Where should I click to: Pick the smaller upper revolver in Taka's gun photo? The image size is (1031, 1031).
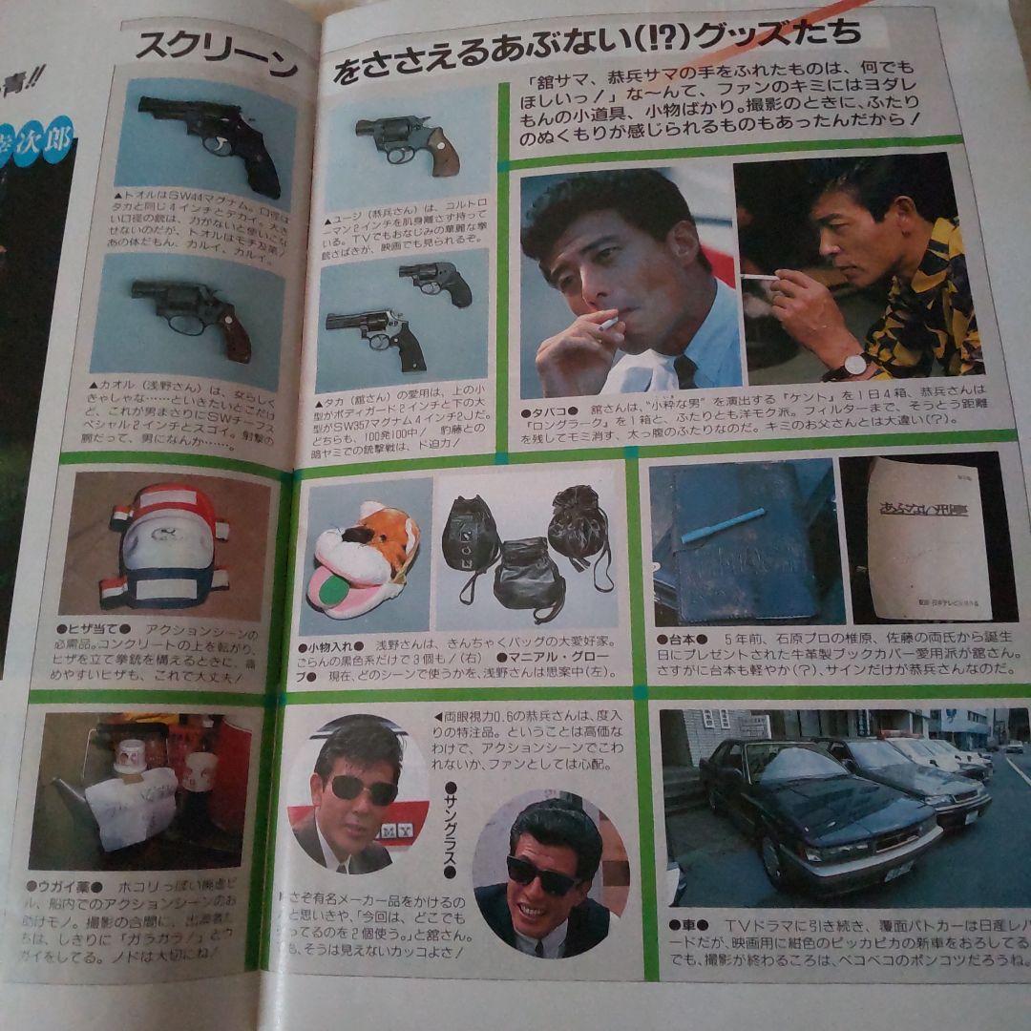click(x=436, y=281)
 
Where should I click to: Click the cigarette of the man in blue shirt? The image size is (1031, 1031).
click(x=607, y=325)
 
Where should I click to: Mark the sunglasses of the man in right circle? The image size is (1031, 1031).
click(x=543, y=876)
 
